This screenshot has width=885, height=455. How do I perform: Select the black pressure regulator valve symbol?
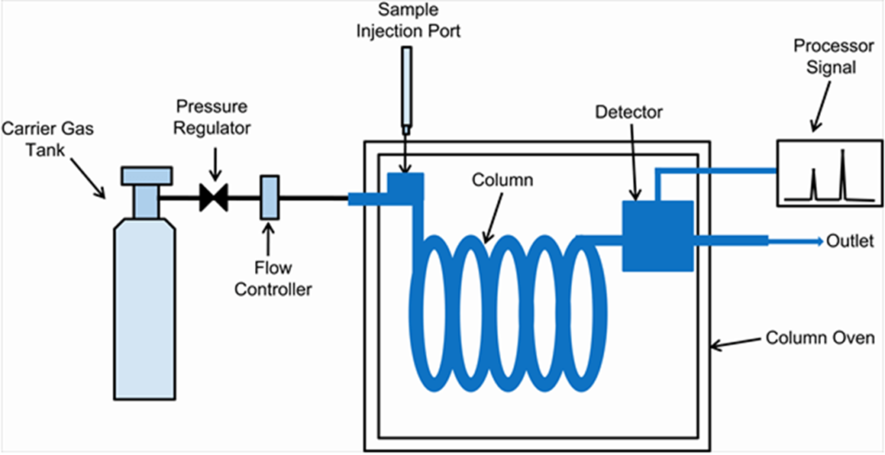tap(213, 197)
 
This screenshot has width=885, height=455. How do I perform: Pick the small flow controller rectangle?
tap(269, 197)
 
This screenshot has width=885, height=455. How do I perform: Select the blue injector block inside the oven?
tap(404, 185)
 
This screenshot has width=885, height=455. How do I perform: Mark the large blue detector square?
tap(658, 236)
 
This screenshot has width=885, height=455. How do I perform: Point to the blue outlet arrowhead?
tap(818, 240)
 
